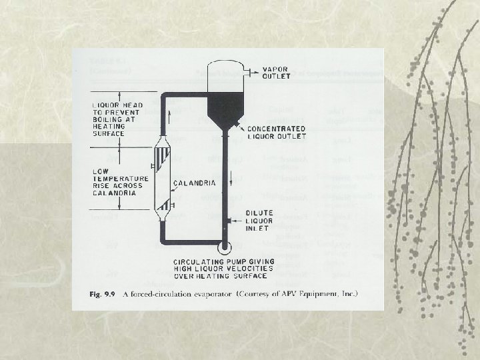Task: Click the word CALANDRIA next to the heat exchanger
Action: [195, 183]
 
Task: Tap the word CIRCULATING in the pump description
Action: [196, 261]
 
